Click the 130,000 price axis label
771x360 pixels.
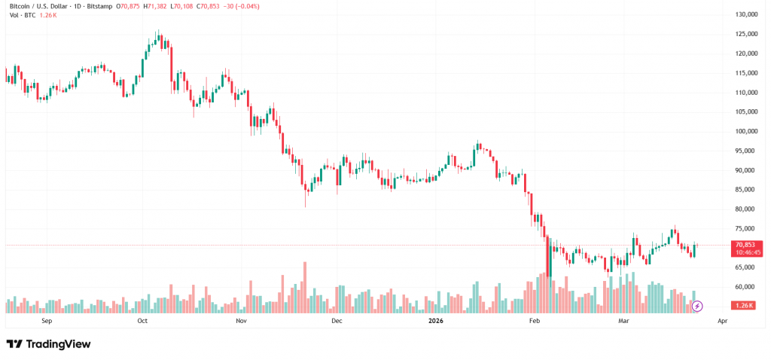click(x=745, y=15)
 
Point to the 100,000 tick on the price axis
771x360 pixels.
click(x=745, y=132)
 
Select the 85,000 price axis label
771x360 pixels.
click(x=747, y=190)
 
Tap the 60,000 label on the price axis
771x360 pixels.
click(x=747, y=287)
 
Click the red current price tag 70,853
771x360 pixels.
click(x=747, y=245)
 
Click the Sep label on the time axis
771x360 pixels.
click(x=47, y=321)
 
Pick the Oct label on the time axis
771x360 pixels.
click(x=142, y=321)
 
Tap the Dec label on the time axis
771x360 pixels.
click(x=337, y=321)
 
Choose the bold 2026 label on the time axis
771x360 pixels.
click(x=436, y=321)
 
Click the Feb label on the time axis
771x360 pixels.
click(x=535, y=321)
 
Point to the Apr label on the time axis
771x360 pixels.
click(x=723, y=321)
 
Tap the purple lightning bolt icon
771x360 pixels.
click(x=697, y=306)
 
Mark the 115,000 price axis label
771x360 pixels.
click(x=745, y=73)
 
